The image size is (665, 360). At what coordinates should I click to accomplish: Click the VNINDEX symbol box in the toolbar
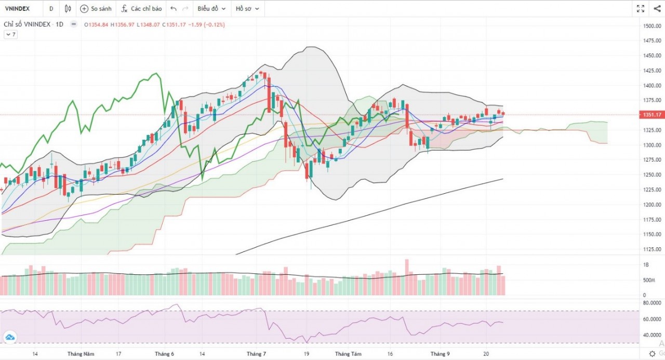pyautogui.click(x=19, y=9)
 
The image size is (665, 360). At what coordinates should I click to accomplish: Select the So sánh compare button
pyautogui.click(x=95, y=9)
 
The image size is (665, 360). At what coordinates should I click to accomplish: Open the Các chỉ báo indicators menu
pyautogui.click(x=141, y=9)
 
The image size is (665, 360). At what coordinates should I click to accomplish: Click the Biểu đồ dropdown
pyautogui.click(x=211, y=9)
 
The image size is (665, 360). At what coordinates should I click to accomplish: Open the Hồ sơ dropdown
pyautogui.click(x=247, y=9)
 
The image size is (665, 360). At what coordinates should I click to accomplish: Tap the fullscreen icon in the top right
pyautogui.click(x=641, y=9)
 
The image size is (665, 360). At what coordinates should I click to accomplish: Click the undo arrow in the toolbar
pyautogui.click(x=174, y=9)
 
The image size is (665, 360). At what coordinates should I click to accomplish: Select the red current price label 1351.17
pyautogui.click(x=650, y=115)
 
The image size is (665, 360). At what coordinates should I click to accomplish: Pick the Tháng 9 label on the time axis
pyautogui.click(x=440, y=354)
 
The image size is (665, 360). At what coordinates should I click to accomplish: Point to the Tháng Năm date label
pyautogui.click(x=81, y=354)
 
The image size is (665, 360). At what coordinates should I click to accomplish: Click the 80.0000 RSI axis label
pyautogui.click(x=651, y=302)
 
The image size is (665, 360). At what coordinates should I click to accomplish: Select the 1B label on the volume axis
pyautogui.click(x=646, y=265)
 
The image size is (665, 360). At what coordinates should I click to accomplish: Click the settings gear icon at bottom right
pyautogui.click(x=652, y=353)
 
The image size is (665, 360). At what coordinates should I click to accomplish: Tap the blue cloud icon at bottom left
pyautogui.click(x=9, y=338)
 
